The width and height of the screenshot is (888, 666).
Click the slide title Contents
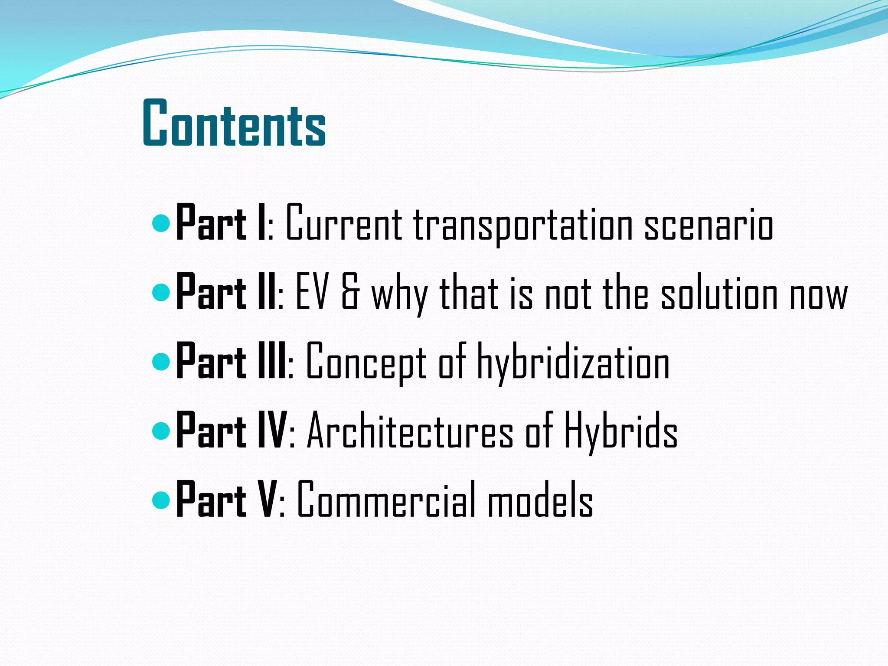click(234, 124)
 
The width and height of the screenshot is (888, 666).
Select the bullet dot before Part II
click(161, 293)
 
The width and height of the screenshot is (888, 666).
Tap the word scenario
click(708, 225)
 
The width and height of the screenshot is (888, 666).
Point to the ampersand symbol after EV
click(350, 294)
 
